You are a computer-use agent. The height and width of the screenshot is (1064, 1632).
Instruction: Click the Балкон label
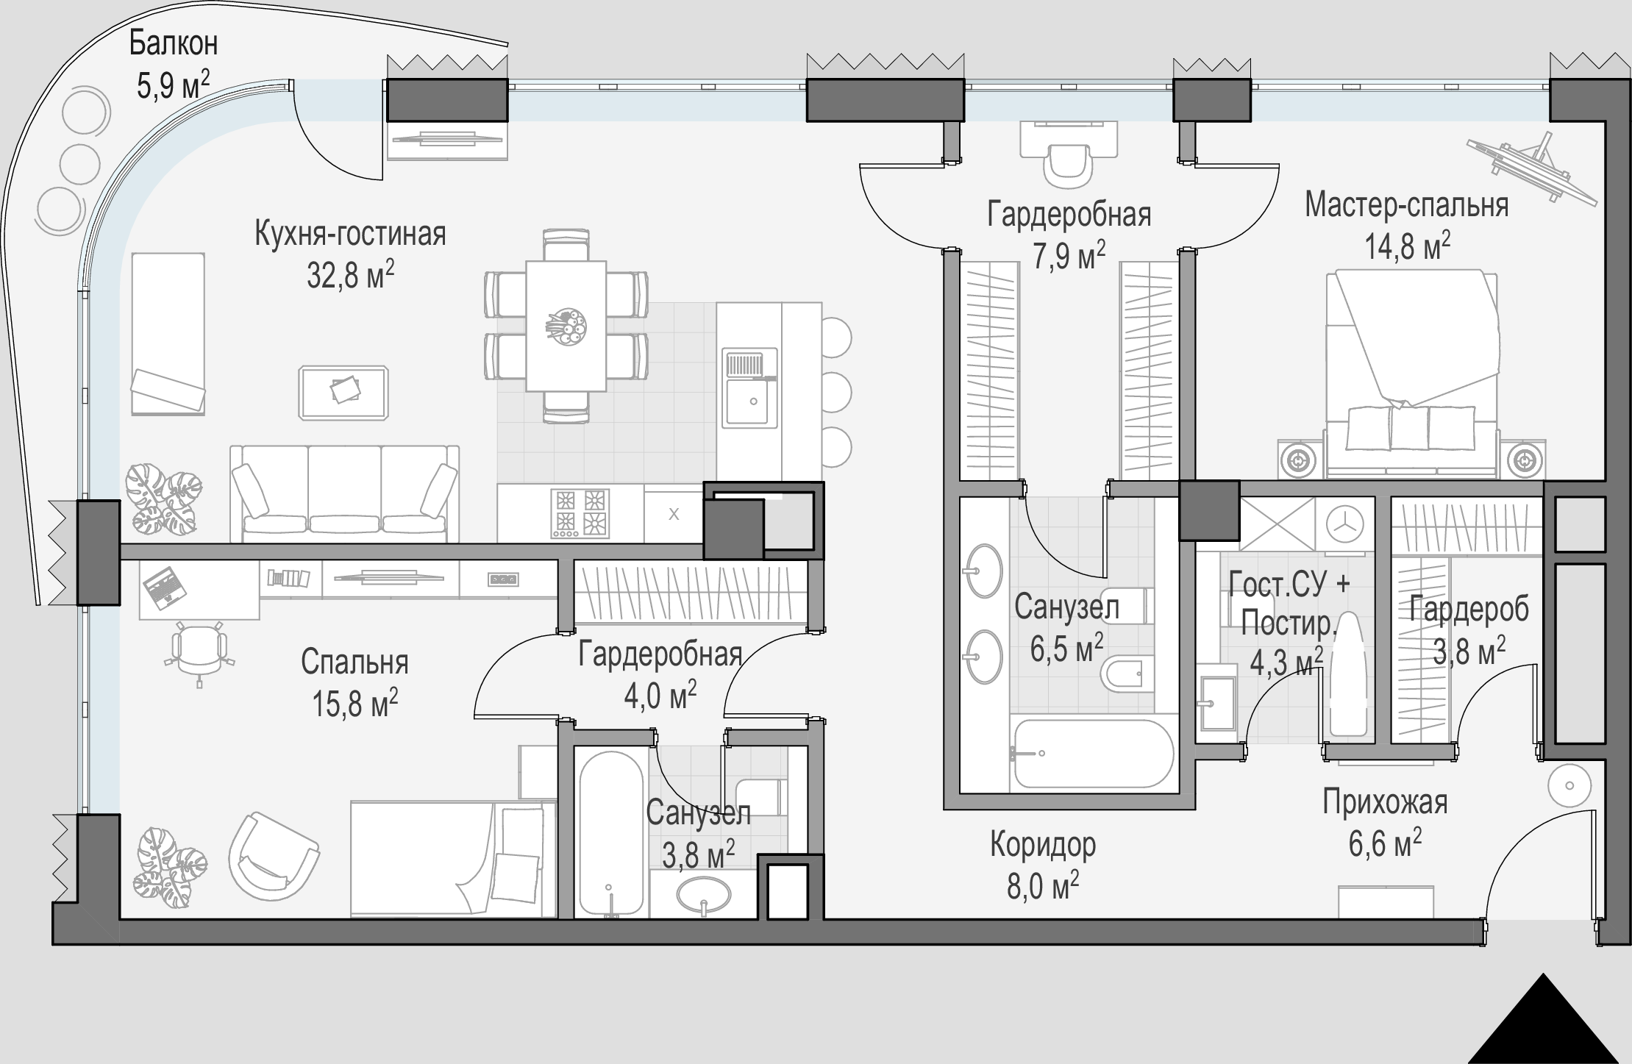[x=174, y=44]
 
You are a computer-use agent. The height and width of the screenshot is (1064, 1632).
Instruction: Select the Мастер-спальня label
[x=1406, y=205]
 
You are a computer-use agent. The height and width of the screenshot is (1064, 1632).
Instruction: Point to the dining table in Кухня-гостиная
[x=566, y=326]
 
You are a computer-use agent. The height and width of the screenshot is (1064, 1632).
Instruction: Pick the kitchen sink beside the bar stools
[x=749, y=388]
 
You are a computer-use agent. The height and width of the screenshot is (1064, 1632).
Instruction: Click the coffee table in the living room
[x=343, y=393]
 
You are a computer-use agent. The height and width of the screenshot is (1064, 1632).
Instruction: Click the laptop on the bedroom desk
[x=163, y=586]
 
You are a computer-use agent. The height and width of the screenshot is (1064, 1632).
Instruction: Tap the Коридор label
[x=1043, y=844]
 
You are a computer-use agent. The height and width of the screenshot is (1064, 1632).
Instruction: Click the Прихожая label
[x=1385, y=802]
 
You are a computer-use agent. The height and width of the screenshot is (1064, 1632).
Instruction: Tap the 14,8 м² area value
[x=1408, y=246]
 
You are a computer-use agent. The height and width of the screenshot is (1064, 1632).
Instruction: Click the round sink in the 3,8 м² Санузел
[x=704, y=895]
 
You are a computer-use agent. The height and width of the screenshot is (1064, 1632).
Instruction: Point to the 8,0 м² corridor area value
[x=1042, y=886]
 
